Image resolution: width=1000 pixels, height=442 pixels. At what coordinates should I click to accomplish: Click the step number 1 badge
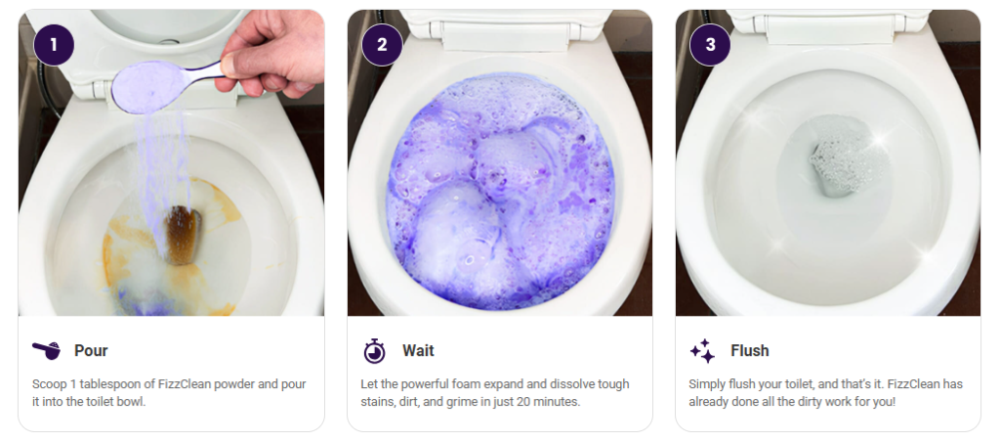click(54, 45)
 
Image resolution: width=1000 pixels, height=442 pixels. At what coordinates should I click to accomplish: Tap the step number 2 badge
click(382, 45)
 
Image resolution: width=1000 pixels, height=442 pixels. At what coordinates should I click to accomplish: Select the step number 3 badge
click(711, 45)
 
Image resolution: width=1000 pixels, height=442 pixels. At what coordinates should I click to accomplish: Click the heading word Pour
click(91, 351)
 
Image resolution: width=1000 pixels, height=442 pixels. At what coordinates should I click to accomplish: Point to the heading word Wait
click(418, 351)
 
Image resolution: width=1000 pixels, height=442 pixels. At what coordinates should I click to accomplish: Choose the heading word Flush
click(750, 351)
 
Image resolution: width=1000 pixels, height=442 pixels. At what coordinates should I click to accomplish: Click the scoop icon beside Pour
click(46, 351)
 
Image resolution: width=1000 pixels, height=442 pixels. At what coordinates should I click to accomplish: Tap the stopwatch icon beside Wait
click(374, 351)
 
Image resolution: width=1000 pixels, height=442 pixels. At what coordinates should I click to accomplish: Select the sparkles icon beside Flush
click(702, 351)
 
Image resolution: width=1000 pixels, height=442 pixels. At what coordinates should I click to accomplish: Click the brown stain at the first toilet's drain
click(183, 235)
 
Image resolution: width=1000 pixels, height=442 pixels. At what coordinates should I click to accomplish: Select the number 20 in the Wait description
click(530, 403)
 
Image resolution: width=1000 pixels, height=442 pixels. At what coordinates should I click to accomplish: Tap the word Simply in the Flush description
click(705, 385)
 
